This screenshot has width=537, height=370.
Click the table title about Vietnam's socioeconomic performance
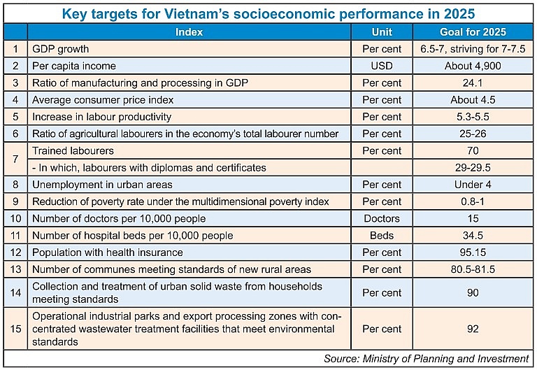pos(268,13)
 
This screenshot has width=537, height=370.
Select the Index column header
pos(189,32)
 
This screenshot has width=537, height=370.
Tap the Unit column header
pos(382,32)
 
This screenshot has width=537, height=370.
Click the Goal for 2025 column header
pos(473,32)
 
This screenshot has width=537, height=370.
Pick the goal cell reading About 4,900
pos(473,66)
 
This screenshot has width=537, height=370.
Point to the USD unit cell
pos(382,66)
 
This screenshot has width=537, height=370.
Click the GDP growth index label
pos(62,49)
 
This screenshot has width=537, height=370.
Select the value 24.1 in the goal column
pos(473,83)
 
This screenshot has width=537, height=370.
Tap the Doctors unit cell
pos(382,218)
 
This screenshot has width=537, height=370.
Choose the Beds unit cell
pos(382,235)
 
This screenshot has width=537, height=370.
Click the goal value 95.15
pos(473,252)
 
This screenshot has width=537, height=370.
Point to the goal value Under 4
pos(473,185)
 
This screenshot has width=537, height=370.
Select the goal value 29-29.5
pos(473,167)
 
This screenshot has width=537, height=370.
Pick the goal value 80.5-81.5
pos(473,269)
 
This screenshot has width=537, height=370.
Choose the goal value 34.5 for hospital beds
pos(473,235)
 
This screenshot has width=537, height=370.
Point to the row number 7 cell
pos(15,159)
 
